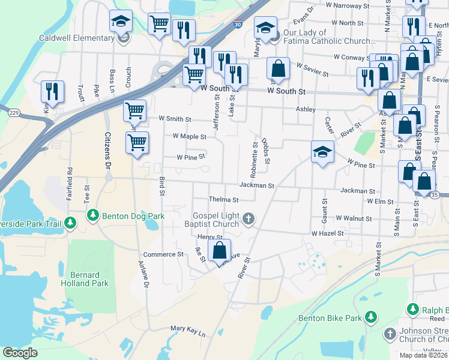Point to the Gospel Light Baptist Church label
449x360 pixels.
point(216,220)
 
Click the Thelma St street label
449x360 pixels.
point(223,200)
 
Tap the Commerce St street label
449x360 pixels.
point(163,254)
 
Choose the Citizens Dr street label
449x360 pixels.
point(108,150)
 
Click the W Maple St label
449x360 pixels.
point(189,136)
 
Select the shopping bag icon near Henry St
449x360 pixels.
point(220,250)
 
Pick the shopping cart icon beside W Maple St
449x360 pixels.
point(137,143)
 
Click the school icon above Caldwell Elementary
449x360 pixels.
point(121,21)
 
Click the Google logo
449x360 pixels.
point(20,353)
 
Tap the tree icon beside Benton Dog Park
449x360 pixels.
point(92,215)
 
